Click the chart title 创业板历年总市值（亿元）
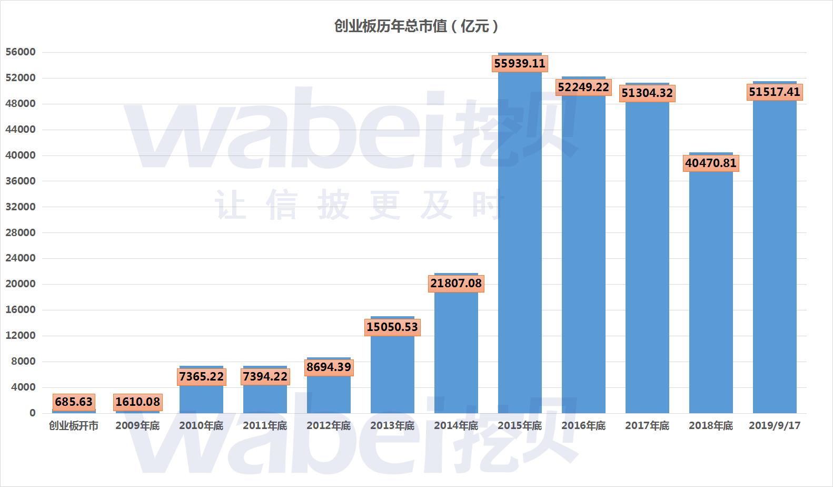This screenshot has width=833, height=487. tap(416, 26)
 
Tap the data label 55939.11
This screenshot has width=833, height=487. tap(520, 64)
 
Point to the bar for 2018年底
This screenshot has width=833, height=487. tap(711, 290)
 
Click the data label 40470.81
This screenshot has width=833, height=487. tap(711, 163)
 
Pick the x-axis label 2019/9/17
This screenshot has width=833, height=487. tap(775, 425)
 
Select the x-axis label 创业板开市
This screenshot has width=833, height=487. tap(74, 425)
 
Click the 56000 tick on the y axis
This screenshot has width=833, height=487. tap(21, 52)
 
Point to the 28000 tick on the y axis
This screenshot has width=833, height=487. tap(21, 232)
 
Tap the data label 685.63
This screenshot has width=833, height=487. tap(74, 402)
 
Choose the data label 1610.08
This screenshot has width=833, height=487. tap(137, 402)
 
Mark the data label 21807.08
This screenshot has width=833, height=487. tap(456, 284)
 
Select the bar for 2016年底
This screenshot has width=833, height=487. tap(583, 253)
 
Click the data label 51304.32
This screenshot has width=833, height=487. tap(647, 93)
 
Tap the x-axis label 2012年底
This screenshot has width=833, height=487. tap(329, 425)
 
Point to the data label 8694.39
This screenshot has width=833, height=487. tap(329, 367)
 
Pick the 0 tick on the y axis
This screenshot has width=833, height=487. tap(32, 413)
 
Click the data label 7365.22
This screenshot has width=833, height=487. tap(201, 376)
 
